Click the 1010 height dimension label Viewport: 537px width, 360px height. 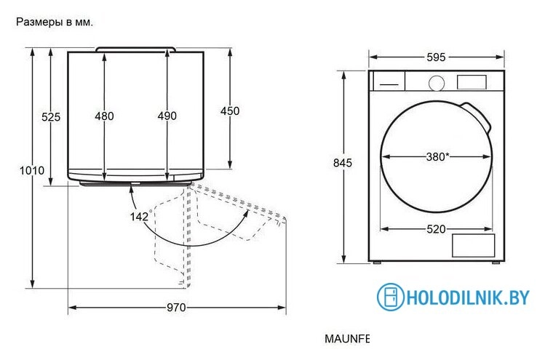(x=32, y=170)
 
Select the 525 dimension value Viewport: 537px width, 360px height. (x=51, y=117)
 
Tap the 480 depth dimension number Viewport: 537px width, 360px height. (x=104, y=116)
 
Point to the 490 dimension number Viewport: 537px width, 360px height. (x=167, y=116)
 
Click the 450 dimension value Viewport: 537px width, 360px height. (x=230, y=111)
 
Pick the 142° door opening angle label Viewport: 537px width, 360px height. (x=140, y=216)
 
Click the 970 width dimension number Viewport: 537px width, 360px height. (x=176, y=308)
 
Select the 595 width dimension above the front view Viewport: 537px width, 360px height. (x=436, y=57)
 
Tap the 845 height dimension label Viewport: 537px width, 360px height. (x=343, y=163)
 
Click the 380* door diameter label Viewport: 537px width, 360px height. (x=438, y=157)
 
